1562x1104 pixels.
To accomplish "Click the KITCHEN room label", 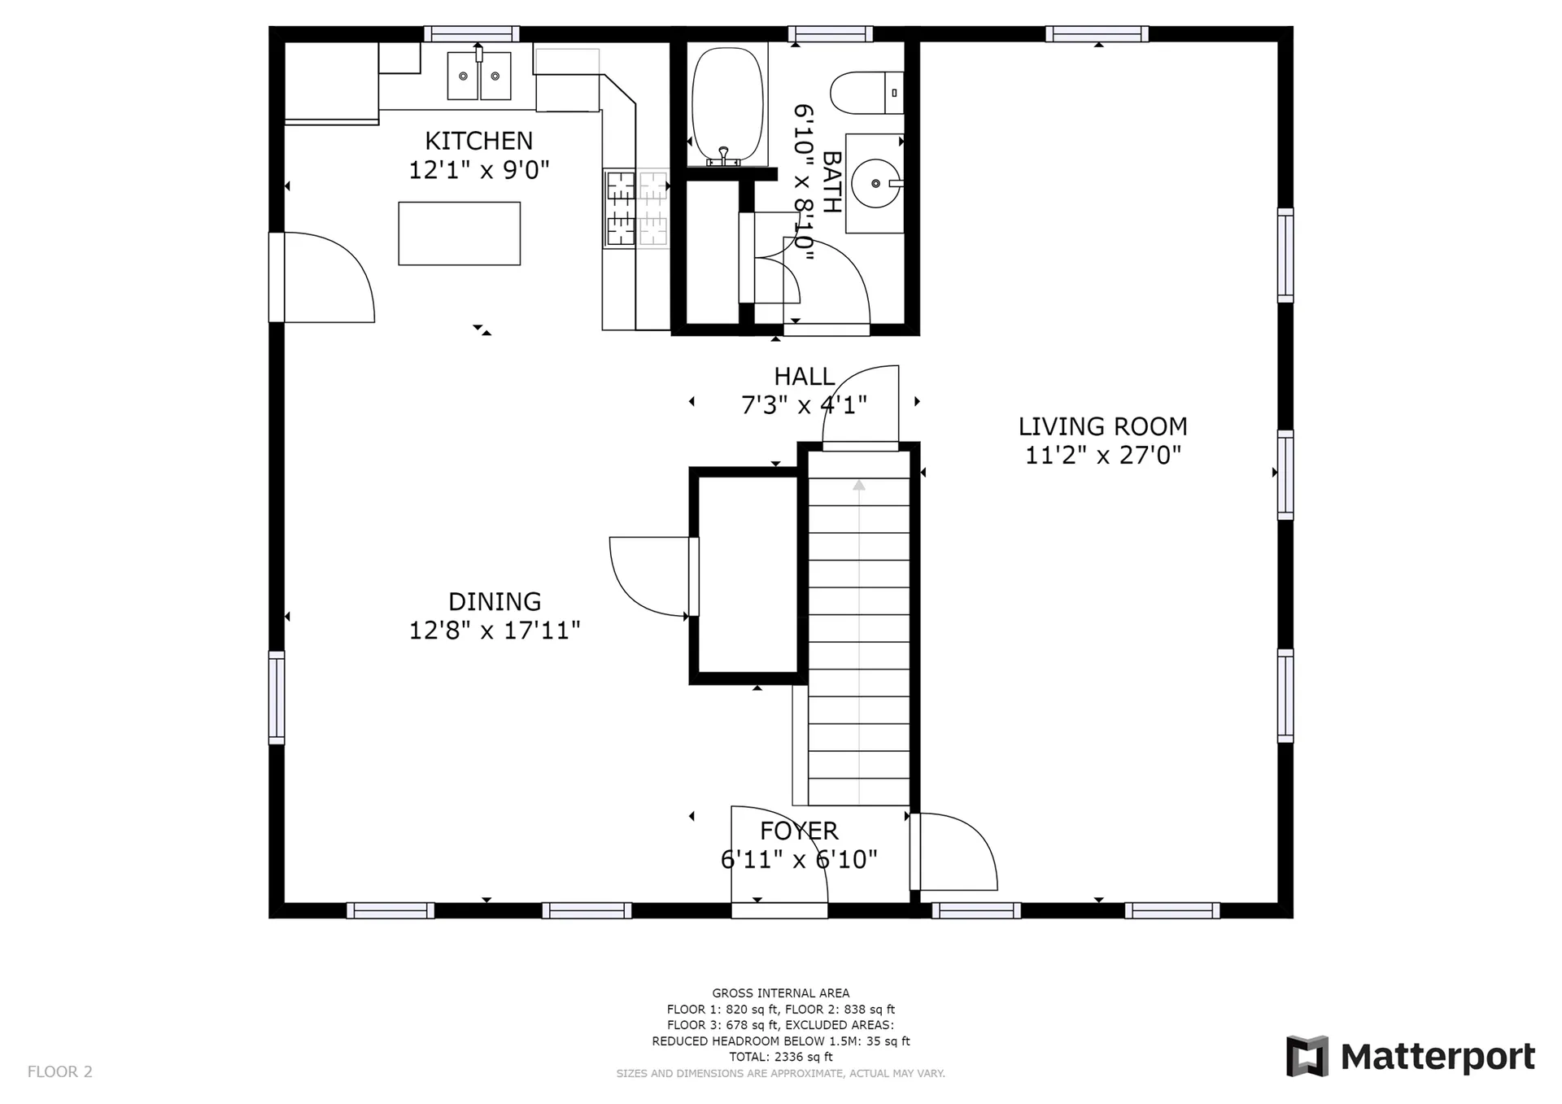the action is [478, 141].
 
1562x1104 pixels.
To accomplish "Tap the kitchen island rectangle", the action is [459, 233].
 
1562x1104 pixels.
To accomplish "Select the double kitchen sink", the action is [479, 75].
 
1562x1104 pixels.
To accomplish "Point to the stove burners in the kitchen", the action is [635, 207].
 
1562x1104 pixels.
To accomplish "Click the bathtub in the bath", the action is [727, 106].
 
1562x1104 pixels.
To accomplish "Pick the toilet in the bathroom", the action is [866, 93].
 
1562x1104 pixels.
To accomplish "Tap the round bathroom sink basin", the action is [875, 183].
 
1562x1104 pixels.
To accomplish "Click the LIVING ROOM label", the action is [1102, 426].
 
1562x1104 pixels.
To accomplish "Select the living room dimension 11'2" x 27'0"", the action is [1102, 455].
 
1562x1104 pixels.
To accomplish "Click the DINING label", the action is [495, 601].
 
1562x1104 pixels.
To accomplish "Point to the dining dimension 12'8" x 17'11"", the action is [495, 631].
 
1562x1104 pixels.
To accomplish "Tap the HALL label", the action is [804, 376].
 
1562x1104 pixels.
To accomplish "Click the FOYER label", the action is [799, 831].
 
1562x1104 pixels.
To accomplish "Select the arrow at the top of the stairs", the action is [859, 485].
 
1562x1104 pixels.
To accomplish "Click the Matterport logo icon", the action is [1307, 1056].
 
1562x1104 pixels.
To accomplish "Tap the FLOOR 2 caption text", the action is [60, 1071].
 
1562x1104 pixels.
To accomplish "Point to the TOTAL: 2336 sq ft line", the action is [781, 1057].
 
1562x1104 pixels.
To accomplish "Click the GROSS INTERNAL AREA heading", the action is [781, 993].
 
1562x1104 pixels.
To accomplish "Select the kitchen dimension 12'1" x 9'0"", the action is [478, 170].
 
